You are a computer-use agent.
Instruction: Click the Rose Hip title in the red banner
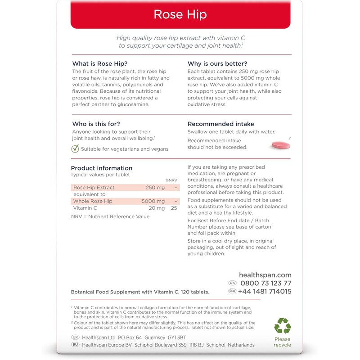point(180,14)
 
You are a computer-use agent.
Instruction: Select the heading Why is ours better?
point(217,63)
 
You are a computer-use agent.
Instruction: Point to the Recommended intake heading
point(220,124)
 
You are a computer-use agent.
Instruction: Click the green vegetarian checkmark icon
point(75,149)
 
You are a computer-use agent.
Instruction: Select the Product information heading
point(102,168)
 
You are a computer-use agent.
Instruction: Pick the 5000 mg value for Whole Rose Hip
point(153,201)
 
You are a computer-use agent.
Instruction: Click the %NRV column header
point(171,180)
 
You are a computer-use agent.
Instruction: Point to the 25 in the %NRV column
point(174,208)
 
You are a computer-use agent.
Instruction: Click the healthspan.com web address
point(265,275)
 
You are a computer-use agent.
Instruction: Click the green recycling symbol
point(283,326)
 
